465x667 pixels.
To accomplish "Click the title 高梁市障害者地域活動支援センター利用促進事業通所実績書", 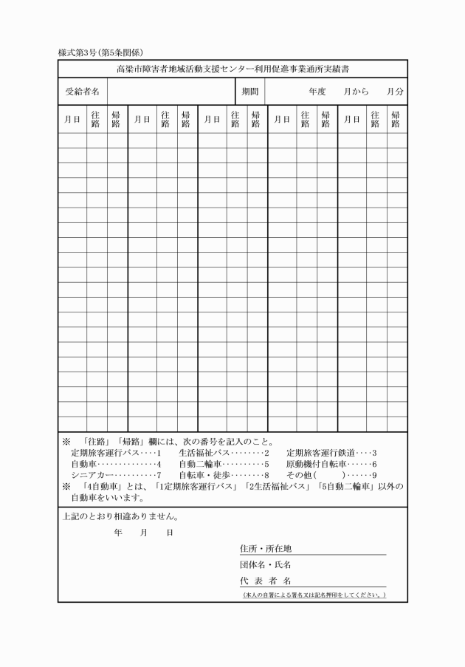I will pos(232,69).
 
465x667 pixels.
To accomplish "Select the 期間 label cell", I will pos(249,92).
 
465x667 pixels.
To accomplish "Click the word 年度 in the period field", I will pos(317,92).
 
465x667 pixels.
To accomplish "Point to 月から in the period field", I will pos(356,92).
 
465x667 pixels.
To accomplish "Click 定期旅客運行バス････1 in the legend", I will pos(115,453).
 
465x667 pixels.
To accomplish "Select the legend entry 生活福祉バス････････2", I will pos(224,453).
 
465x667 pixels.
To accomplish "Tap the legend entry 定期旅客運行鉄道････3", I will pos(332,453).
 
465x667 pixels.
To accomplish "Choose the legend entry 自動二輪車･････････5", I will pos(224,464).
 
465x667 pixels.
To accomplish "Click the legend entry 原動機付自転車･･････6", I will pos(332,464).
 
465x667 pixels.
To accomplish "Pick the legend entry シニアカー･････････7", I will pos(115,475).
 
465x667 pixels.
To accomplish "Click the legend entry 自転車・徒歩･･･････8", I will pos(224,475).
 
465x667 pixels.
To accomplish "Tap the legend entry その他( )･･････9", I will pos(332,475).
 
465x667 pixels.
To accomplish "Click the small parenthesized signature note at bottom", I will pos(314,595).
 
